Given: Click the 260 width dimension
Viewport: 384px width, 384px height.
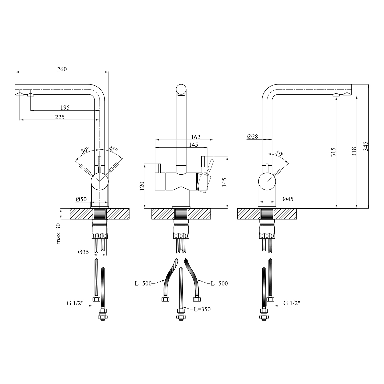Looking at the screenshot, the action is pyautogui.click(x=62, y=69).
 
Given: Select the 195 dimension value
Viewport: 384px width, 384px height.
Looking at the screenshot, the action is pyautogui.click(x=65, y=108).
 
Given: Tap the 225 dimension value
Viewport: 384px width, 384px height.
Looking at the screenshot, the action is pyautogui.click(x=60, y=117).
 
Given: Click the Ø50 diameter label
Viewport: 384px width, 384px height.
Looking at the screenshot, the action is pyautogui.click(x=81, y=199).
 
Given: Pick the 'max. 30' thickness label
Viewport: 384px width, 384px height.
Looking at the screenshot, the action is pyautogui.click(x=59, y=233).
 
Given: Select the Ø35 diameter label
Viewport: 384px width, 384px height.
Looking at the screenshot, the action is pyautogui.click(x=83, y=252).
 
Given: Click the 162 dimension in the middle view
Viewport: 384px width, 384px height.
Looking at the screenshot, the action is pyautogui.click(x=196, y=137).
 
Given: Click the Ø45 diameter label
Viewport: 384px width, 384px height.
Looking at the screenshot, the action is pyautogui.click(x=288, y=199).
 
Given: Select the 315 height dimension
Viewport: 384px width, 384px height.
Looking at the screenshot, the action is pyautogui.click(x=333, y=152).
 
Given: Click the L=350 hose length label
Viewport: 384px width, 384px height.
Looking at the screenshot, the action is pyautogui.click(x=202, y=309).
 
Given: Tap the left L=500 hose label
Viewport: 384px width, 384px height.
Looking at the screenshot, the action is pyautogui.click(x=143, y=283).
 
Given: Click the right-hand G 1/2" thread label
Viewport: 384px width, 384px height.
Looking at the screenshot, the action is pyautogui.click(x=292, y=303).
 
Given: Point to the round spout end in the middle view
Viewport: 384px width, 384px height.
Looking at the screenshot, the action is pyautogui.click(x=181, y=90).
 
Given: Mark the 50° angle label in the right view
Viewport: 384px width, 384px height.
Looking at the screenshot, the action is pyautogui.click(x=280, y=154).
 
